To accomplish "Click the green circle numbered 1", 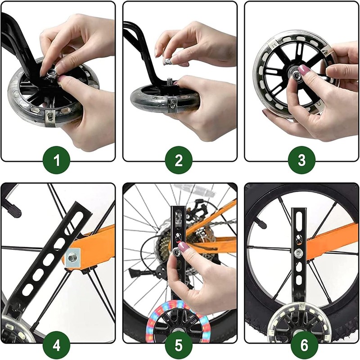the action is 57,160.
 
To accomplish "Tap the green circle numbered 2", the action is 179,160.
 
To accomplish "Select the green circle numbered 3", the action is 301,160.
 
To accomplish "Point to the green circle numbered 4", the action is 57,346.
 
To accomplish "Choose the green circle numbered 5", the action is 179,346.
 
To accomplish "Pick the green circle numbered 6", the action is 305,346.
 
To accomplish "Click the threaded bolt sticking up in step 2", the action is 170,81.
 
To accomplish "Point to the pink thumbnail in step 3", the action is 303,69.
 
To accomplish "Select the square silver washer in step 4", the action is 72,257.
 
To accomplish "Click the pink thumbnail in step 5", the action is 183,247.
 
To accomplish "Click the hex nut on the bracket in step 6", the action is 298,253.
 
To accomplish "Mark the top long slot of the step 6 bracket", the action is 299,221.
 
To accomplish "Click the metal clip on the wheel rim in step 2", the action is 172,105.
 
